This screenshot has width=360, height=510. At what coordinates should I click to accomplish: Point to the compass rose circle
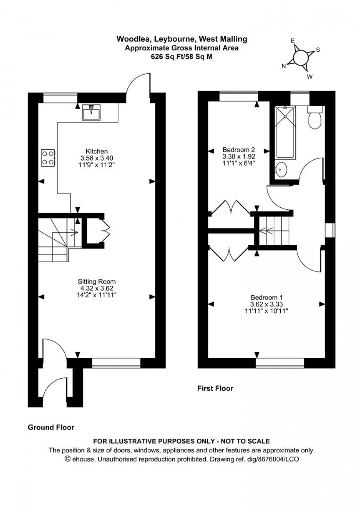point(301,57)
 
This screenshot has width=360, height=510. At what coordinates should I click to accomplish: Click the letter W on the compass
point(310,76)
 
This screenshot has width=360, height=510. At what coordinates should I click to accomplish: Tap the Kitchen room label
point(97,151)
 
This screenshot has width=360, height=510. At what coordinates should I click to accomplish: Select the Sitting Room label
point(97,282)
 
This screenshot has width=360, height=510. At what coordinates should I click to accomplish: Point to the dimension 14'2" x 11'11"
point(97,295)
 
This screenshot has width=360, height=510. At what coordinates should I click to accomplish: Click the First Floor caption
point(215,388)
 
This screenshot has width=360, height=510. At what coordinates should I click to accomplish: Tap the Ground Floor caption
point(51,427)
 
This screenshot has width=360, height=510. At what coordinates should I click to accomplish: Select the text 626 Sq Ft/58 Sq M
point(181,57)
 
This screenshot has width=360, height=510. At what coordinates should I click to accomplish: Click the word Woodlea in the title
point(130,39)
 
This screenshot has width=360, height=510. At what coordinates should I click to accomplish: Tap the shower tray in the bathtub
point(285,114)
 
